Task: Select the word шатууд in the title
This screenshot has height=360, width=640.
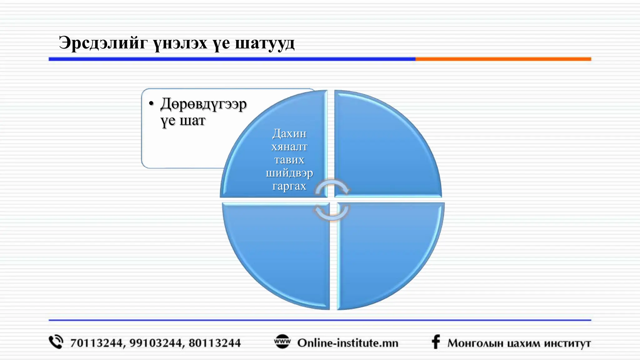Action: [264, 43]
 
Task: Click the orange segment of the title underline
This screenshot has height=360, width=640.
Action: [503, 59]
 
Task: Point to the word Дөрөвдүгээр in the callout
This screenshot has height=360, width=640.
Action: [203, 104]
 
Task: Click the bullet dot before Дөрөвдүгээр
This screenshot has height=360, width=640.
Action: [152, 103]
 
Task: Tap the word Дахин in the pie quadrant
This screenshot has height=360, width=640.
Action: [289, 133]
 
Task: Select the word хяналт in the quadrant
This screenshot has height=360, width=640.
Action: [289, 147]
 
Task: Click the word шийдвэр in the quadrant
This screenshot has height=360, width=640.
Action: [289, 173]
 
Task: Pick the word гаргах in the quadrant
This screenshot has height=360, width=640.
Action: [289, 186]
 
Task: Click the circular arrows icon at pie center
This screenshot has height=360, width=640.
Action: [332, 200]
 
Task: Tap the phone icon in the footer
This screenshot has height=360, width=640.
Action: [56, 342]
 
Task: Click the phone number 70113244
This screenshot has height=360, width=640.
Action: [96, 343]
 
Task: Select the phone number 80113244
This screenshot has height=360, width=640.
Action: [215, 343]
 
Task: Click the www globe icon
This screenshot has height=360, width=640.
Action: [282, 342]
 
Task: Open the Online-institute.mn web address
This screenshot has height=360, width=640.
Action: [348, 343]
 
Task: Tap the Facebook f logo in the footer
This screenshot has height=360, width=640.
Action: [436, 342]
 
